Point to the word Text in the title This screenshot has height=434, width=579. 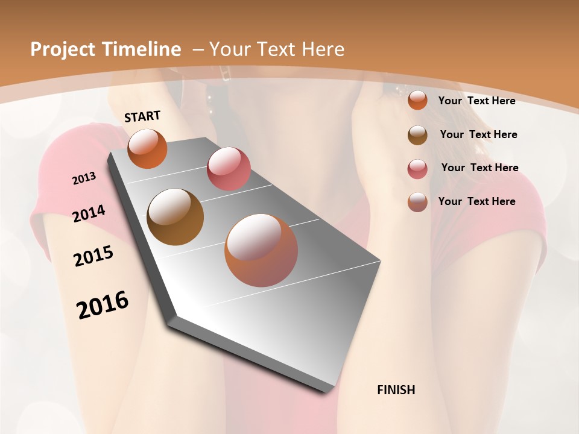tap(277, 49)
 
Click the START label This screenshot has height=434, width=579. tap(142, 116)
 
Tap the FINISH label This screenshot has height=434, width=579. tap(396, 390)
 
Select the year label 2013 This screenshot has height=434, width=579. tap(84, 178)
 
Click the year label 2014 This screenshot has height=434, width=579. tap(89, 214)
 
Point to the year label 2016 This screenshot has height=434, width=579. tap(103, 305)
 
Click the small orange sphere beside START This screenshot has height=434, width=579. tap(147, 148)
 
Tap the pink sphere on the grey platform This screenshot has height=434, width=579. tap(229, 169)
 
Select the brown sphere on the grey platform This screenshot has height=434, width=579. tap(175, 216)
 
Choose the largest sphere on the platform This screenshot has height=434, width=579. tap(261, 250)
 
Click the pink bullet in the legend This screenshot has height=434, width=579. tap(417, 169)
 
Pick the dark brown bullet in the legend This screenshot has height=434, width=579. tap(417, 135)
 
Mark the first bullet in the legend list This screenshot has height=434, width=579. tap(417, 100)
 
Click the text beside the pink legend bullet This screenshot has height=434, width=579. tap(479, 168)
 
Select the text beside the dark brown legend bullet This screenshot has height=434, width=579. tap(478, 134)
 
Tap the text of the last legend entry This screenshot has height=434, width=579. tap(476, 201)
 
